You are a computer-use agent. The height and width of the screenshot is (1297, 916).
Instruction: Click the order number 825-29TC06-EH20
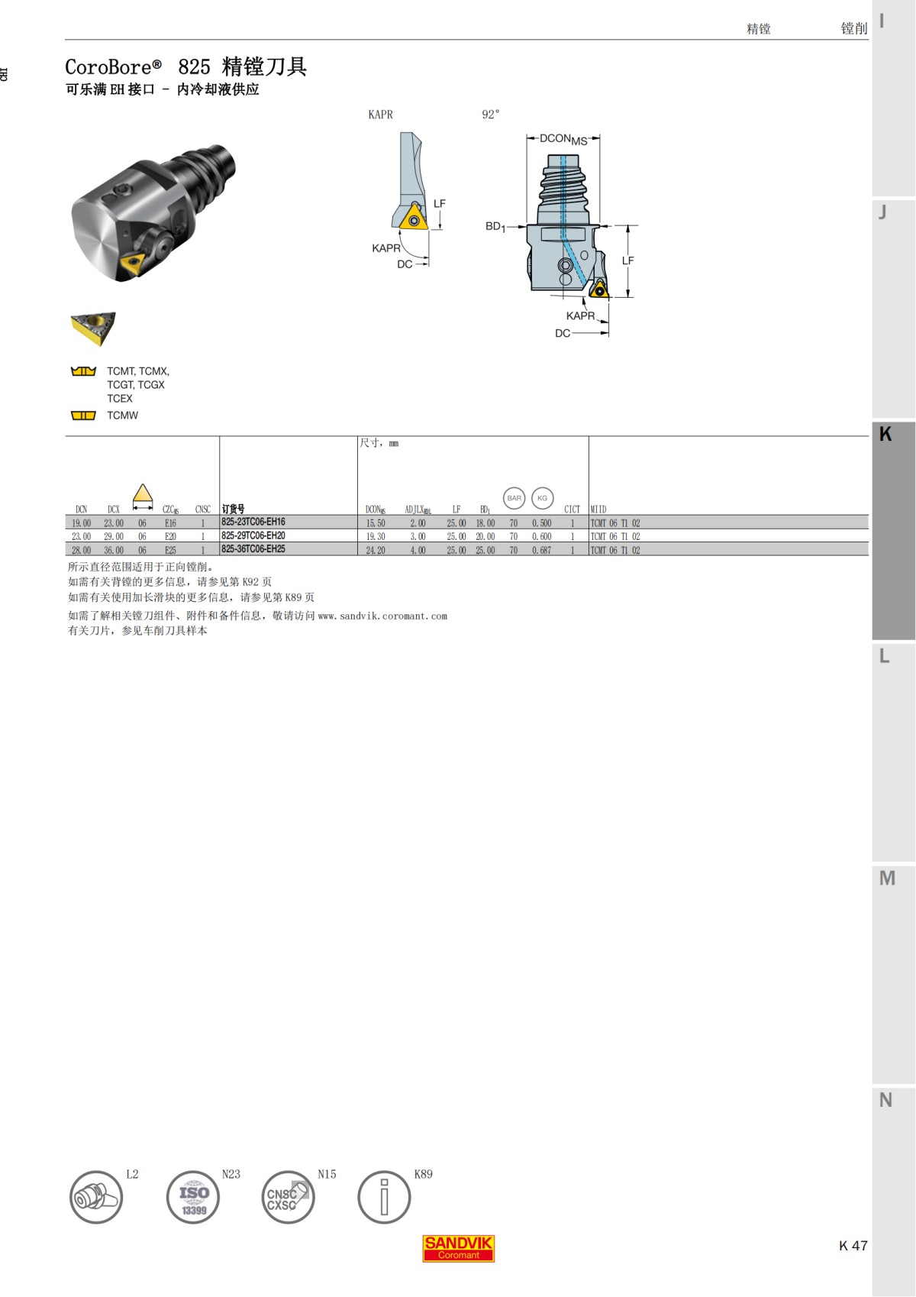[253, 536]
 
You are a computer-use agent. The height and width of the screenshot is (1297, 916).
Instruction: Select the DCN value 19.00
[81, 523]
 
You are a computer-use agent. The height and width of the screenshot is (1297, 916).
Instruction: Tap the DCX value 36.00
[114, 550]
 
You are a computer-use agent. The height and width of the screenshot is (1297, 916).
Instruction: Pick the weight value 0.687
[541, 550]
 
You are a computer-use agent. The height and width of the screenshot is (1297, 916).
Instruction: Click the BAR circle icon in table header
[514, 498]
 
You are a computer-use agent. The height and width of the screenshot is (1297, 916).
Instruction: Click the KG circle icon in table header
[542, 498]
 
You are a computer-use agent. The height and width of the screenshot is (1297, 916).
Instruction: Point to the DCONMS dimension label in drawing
[563, 139]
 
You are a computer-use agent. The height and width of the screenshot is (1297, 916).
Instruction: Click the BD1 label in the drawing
[495, 226]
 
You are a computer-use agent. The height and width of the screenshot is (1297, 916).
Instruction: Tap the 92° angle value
[490, 115]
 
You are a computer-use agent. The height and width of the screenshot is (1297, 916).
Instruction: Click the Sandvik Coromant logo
[458, 1248]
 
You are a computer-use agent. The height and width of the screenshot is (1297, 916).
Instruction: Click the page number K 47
[853, 1246]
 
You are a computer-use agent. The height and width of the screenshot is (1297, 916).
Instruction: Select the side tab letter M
[887, 878]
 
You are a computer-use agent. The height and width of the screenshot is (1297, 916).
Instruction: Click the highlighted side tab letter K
[885, 434]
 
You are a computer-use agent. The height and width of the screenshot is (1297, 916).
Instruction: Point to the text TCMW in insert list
[122, 416]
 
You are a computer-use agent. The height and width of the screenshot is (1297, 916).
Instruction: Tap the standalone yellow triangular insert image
[93, 327]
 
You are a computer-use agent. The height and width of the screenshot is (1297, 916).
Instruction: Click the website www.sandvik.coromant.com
[382, 616]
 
